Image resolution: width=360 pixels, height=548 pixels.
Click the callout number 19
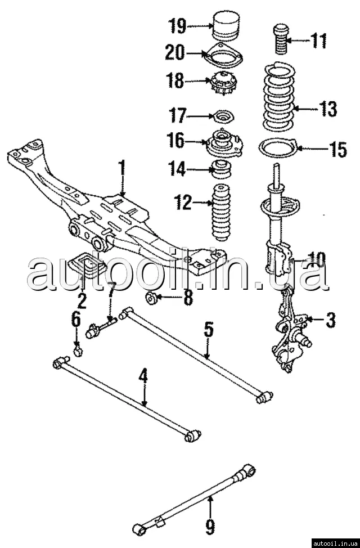[177, 26]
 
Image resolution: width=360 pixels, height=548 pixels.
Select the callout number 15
[338, 150]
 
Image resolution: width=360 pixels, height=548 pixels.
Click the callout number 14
[177, 168]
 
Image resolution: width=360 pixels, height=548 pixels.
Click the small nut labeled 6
[78, 352]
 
